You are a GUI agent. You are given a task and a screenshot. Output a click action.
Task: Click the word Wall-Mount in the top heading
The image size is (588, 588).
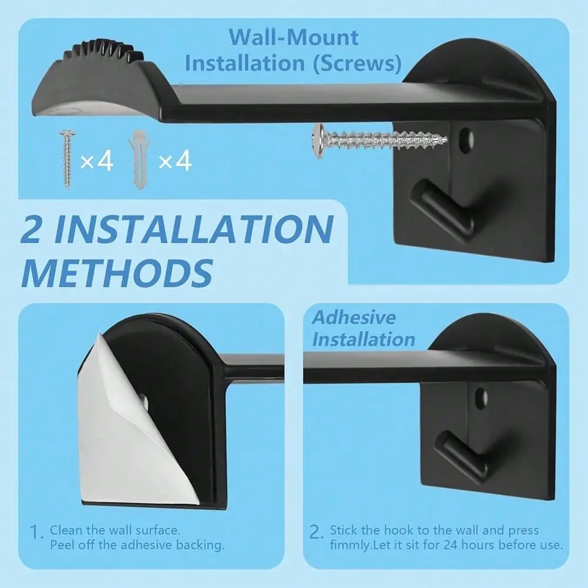[x=293, y=38]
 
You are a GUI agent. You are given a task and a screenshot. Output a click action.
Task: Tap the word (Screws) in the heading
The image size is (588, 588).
[x=357, y=64]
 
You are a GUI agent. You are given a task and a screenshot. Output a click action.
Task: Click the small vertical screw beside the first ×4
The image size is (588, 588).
[x=68, y=159]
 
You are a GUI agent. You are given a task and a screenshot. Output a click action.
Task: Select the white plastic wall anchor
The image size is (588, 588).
[x=139, y=159]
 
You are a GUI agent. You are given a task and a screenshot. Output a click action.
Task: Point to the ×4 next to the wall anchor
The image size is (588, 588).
[x=175, y=161]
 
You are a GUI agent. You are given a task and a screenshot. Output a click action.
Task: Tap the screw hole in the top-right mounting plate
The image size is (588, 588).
[x=466, y=141]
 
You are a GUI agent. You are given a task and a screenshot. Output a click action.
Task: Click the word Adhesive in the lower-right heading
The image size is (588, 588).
[x=353, y=318]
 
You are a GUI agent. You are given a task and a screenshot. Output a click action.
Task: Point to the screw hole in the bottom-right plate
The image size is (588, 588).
[x=481, y=399]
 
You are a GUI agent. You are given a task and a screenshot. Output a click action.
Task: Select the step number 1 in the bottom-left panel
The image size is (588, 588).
[x=36, y=532]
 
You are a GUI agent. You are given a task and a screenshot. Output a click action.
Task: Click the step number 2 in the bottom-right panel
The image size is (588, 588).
[x=316, y=532]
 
